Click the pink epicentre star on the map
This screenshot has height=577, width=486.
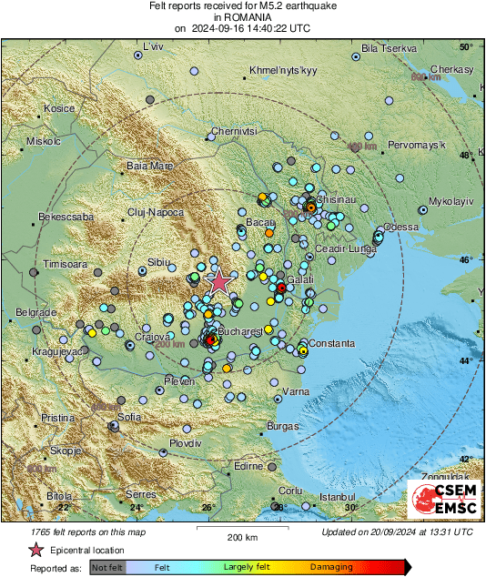point(218,282)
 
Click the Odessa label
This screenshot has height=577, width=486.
point(401,227)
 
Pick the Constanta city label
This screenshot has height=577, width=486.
point(330,342)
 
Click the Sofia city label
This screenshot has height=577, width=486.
point(129,416)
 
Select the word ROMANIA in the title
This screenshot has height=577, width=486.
point(242,16)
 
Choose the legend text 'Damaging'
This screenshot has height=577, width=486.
point(331,567)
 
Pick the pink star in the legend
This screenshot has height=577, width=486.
point(35,550)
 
